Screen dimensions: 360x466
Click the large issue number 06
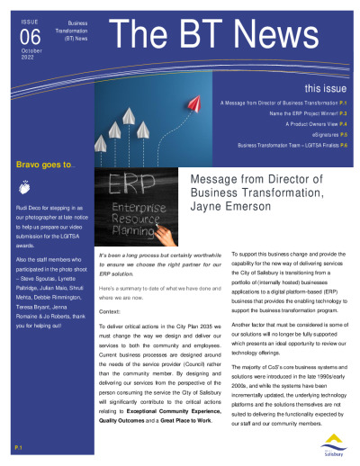(30, 33)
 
